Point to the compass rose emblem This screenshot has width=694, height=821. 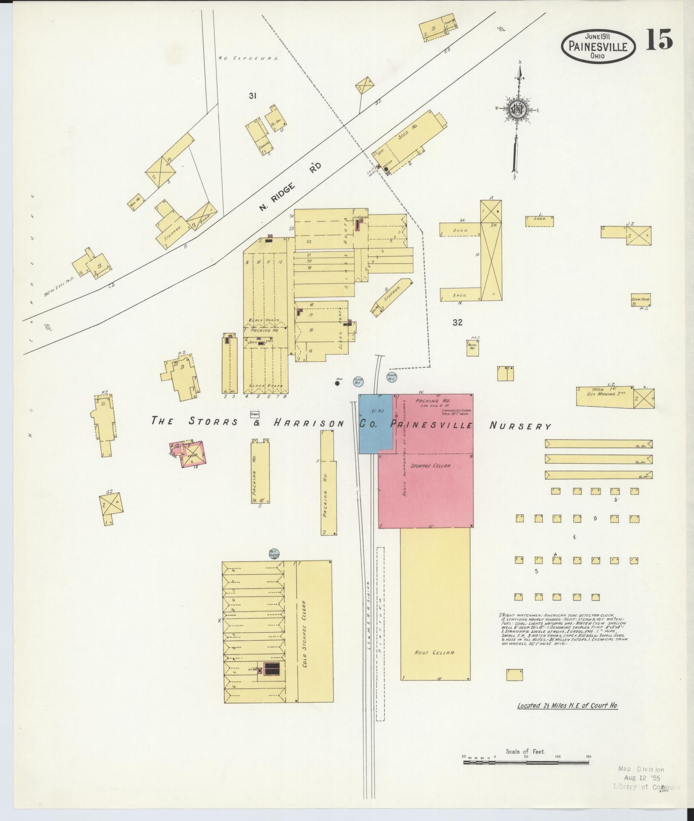(x=517, y=109)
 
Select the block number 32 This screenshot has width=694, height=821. (x=458, y=323)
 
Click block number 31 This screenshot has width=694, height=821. (x=252, y=96)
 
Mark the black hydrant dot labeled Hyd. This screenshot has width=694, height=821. (x=337, y=383)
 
